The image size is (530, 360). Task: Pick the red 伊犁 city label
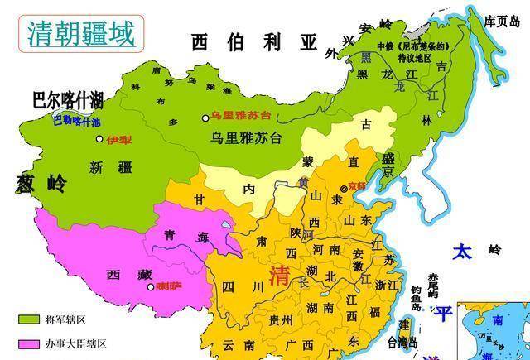point(118,140)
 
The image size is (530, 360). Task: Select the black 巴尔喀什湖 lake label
point(67,101)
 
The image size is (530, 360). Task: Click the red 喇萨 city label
point(169,287)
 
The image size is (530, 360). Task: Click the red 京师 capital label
point(357,186)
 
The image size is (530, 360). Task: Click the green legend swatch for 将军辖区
point(29,318)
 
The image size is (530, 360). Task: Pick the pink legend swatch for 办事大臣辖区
point(29,343)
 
